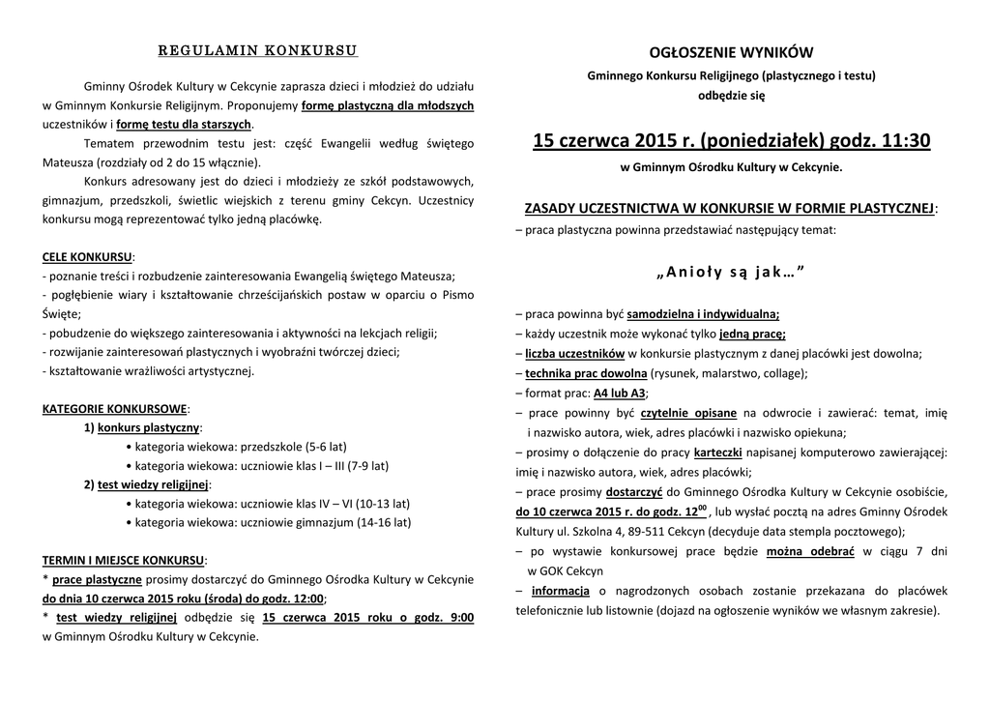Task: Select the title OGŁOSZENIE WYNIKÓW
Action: click(x=731, y=52)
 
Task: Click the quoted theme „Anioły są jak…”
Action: click(x=731, y=273)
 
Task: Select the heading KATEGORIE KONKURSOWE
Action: click(x=115, y=409)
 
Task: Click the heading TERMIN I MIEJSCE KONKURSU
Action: click(x=124, y=560)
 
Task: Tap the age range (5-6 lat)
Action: click(x=325, y=447)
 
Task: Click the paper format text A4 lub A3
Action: click(x=620, y=394)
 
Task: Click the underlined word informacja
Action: click(x=561, y=591)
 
